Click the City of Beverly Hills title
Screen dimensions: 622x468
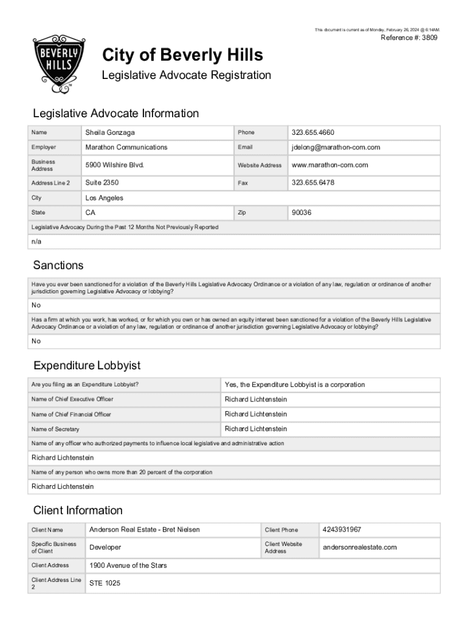182,55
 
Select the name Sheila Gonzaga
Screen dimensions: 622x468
110,132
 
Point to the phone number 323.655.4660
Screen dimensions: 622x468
313,132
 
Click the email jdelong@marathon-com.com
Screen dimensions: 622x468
336,147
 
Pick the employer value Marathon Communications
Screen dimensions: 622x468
126,147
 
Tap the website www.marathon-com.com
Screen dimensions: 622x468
329,165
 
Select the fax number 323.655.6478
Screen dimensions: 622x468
313,182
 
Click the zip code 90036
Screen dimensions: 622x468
301,213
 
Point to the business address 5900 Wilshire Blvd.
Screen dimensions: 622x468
114,165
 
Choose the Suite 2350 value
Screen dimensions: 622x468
102,182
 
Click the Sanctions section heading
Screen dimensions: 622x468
58,265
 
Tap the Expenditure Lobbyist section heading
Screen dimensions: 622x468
87,365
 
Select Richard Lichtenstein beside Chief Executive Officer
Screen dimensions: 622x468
255,399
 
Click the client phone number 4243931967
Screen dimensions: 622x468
342,530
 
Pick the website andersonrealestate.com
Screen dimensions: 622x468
359,547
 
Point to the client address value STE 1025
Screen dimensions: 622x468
105,583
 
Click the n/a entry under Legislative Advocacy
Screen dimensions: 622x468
36,242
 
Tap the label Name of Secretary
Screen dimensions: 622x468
55,429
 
